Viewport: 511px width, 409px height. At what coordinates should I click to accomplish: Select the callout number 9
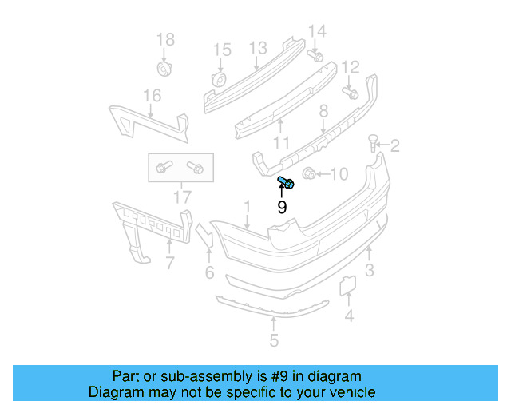click(282, 208)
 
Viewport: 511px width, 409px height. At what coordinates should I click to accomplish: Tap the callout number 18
click(164, 40)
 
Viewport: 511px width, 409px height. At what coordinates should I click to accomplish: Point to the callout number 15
click(221, 50)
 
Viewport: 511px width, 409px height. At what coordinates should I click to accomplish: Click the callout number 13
click(257, 49)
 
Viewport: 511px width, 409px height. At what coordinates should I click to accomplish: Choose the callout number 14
click(317, 31)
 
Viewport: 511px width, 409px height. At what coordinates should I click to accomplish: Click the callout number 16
click(153, 96)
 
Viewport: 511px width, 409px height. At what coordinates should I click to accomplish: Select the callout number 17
click(182, 196)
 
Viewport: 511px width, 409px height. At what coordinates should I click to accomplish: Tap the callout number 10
click(339, 173)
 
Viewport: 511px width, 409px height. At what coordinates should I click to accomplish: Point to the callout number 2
click(394, 146)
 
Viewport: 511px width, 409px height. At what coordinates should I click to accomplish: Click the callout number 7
click(168, 263)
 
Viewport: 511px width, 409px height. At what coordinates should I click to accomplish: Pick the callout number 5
click(274, 341)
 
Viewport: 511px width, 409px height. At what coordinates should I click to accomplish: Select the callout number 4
click(348, 316)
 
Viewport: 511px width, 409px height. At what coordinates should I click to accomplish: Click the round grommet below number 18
click(164, 69)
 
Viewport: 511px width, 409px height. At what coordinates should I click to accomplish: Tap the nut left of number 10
click(311, 173)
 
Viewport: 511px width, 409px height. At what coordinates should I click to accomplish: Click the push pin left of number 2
click(373, 144)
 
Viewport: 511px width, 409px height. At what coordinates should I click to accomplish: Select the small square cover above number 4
click(348, 285)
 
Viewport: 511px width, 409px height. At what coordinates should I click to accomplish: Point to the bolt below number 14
click(315, 56)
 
